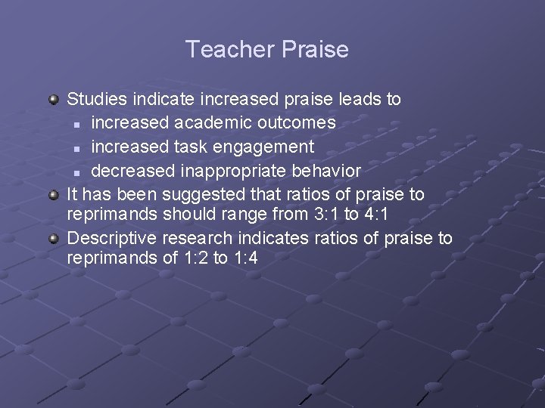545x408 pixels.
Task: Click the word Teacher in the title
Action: [230, 50]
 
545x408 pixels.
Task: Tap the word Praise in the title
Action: [315, 50]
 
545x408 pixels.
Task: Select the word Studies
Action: [98, 99]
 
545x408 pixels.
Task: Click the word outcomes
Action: [297, 122]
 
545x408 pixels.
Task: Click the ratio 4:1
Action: [376, 215]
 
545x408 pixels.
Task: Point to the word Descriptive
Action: [111, 239]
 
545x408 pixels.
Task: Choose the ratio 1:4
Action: [244, 258]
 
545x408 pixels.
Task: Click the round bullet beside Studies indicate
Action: [54, 100]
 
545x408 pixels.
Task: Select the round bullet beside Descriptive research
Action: [54, 240]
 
